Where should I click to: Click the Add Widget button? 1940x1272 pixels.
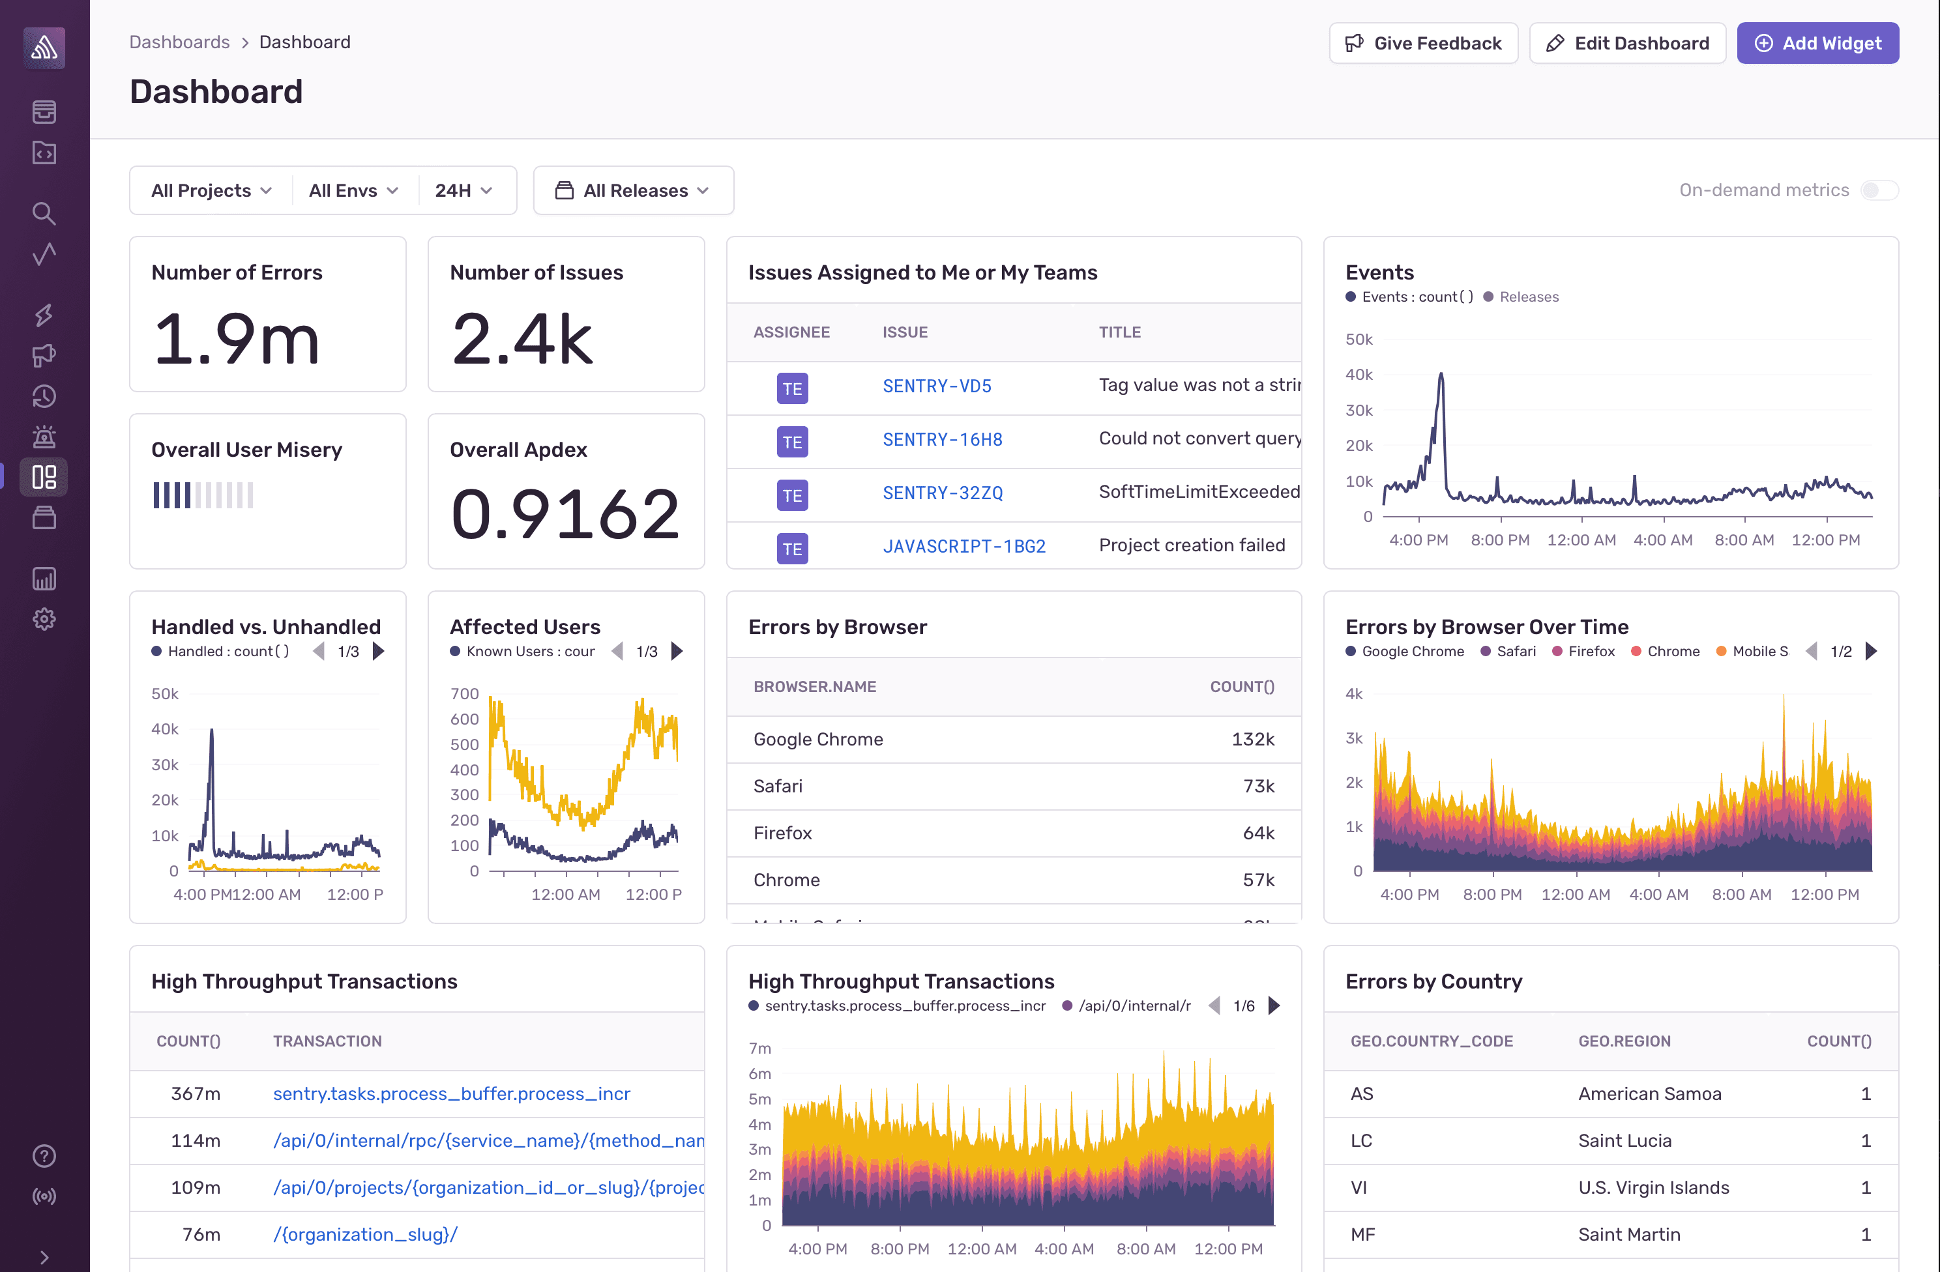[x=1817, y=43]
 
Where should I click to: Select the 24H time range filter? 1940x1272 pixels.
[x=463, y=191]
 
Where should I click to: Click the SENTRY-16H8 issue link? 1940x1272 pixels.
[x=941, y=440]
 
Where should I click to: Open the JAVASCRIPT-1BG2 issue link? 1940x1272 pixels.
[x=963, y=547]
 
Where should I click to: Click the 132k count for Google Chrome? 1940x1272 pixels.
[x=1252, y=739]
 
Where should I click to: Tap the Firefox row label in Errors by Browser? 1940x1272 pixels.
[x=782, y=833]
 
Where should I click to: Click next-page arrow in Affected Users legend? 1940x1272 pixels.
[x=677, y=651]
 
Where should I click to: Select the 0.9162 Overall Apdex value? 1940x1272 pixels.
[x=565, y=514]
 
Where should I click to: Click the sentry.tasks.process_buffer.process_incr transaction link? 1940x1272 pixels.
[x=450, y=1093]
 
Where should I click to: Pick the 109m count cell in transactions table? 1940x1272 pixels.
[x=195, y=1187]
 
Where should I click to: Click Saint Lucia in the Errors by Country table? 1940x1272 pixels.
[x=1624, y=1141]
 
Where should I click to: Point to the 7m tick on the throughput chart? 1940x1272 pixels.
[x=759, y=1048]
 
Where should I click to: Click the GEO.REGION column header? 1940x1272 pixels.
[x=1624, y=1041]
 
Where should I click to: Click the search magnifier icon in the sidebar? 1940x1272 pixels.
[x=44, y=214]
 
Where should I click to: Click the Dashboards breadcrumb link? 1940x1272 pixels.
[x=179, y=42]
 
